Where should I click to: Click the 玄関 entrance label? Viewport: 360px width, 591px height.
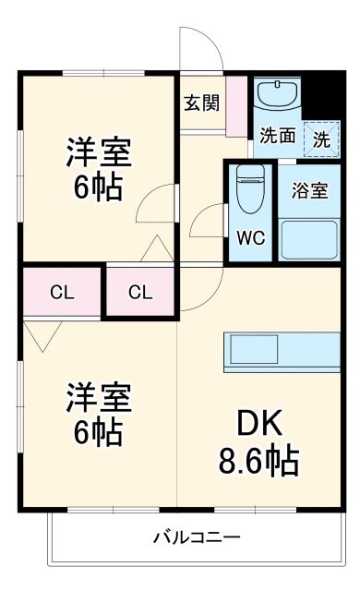point(200,103)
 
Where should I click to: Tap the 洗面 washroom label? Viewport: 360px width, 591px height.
point(277,135)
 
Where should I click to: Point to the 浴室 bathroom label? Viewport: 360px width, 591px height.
point(310,191)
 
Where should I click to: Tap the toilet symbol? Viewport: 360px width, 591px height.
point(250,190)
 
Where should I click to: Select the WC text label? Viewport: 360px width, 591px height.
point(250,237)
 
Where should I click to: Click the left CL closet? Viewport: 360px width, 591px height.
point(61,293)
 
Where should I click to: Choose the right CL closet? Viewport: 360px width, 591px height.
point(139,293)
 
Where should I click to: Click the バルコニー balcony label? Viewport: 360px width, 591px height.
point(196,537)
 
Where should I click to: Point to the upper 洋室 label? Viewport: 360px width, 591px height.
point(98,150)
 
